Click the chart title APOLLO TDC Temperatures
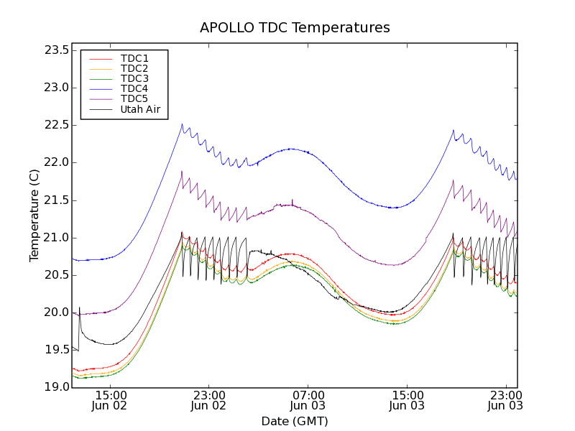coord(295,28)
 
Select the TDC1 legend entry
coord(134,58)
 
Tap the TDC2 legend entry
coord(134,68)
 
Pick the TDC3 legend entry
coord(134,78)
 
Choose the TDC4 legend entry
coord(134,89)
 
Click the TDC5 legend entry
coord(134,99)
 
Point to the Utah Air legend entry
coord(140,110)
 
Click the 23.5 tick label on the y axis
coord(55,50)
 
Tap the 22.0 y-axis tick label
coord(55,162)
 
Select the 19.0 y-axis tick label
coord(55,387)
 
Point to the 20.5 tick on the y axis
coord(55,275)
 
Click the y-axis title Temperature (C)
coord(34,215)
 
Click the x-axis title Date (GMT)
coord(295,421)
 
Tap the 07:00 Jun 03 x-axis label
coord(308,400)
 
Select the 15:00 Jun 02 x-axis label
coord(111,400)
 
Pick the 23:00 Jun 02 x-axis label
coord(209,400)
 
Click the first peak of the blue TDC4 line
coord(182,124)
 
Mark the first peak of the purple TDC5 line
coord(182,171)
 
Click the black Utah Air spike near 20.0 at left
coord(79,308)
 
